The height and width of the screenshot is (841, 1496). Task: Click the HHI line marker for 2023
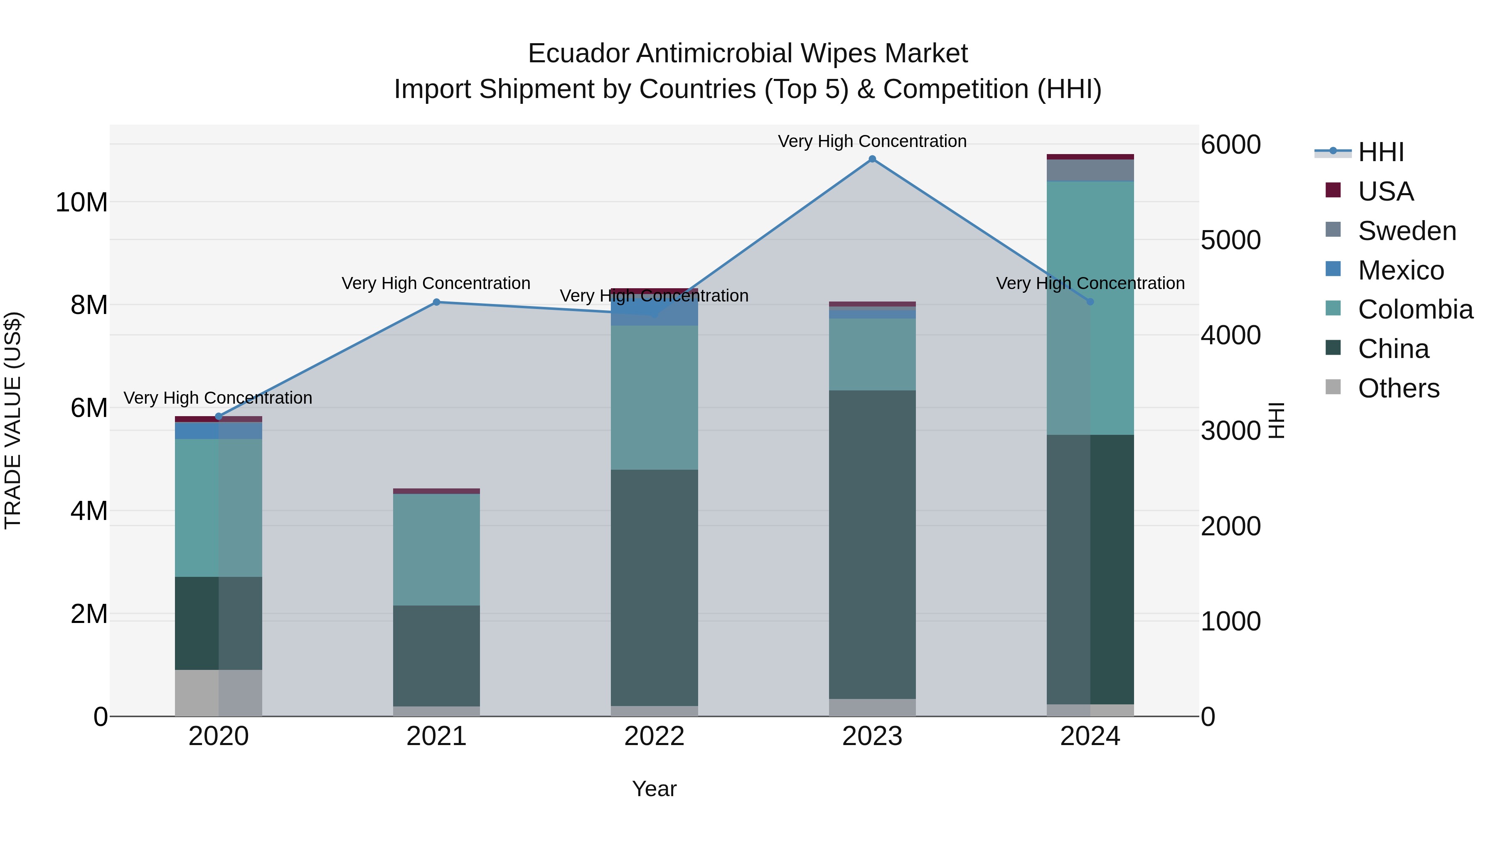click(872, 159)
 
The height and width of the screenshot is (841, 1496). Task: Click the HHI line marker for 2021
click(437, 302)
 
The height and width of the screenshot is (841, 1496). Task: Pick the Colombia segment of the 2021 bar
click(437, 549)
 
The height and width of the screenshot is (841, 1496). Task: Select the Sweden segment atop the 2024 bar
click(1090, 170)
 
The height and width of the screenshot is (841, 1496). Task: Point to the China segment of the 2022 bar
click(654, 587)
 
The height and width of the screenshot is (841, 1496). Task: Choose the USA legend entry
click(1385, 191)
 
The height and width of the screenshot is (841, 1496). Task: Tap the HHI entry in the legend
click(1380, 152)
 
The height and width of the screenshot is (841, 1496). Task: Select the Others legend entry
click(1398, 388)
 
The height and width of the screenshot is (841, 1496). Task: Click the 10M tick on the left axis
click(81, 203)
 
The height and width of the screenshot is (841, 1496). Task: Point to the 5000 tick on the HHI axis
click(1230, 240)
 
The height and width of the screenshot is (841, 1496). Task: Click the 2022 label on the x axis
click(654, 736)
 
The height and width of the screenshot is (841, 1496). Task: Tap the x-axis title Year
click(654, 789)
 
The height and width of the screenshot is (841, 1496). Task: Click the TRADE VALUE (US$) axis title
click(13, 420)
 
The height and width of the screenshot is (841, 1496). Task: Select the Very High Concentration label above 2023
click(872, 141)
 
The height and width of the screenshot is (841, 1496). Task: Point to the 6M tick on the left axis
click(89, 408)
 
